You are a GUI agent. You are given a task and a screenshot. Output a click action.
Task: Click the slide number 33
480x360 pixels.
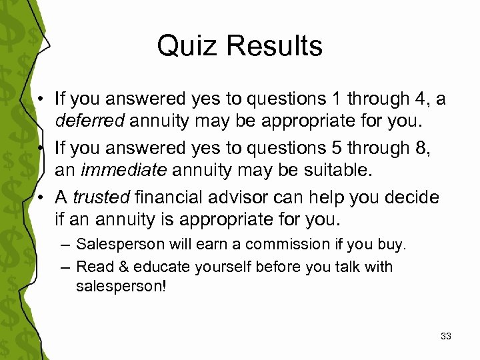tap(446, 337)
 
